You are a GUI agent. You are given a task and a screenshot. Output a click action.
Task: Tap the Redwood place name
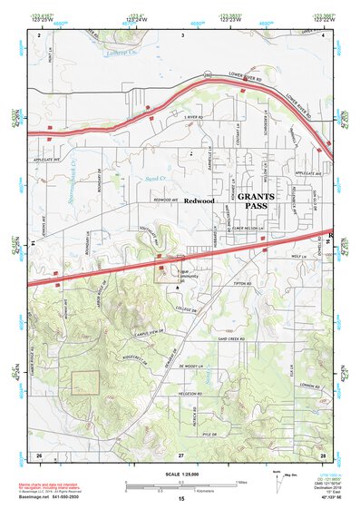tap(198, 200)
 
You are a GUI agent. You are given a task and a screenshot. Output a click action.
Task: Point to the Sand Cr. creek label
tap(155, 180)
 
